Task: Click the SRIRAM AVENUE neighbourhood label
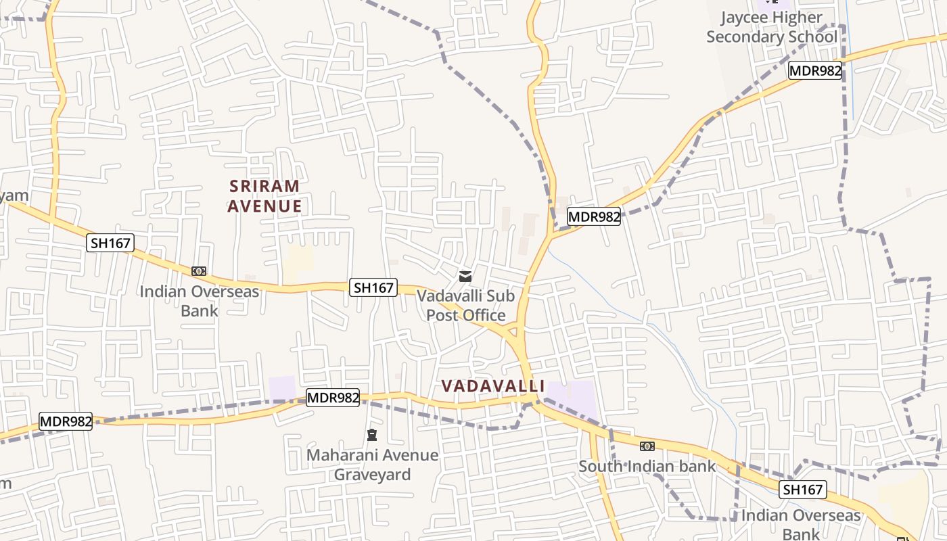tap(264, 196)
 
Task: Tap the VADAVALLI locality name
tap(492, 386)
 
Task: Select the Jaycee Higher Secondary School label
tap(771, 27)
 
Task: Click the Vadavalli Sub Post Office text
tap(465, 306)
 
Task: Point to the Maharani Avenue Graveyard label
tap(372, 465)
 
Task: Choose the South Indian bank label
tap(647, 467)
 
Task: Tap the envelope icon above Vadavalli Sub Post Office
tap(465, 276)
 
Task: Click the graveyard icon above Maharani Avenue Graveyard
tap(371, 434)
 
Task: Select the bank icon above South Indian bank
tap(647, 446)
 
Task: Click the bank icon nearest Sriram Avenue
tap(198, 271)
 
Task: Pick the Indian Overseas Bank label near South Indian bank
tap(801, 524)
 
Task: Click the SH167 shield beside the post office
tap(373, 287)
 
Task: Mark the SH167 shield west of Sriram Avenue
tap(110, 243)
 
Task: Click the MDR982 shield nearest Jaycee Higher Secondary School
tap(815, 70)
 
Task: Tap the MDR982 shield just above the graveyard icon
tap(332, 398)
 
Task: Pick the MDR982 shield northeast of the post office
tap(593, 216)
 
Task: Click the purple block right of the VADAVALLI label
tap(572, 395)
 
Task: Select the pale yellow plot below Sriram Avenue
tap(298, 263)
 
